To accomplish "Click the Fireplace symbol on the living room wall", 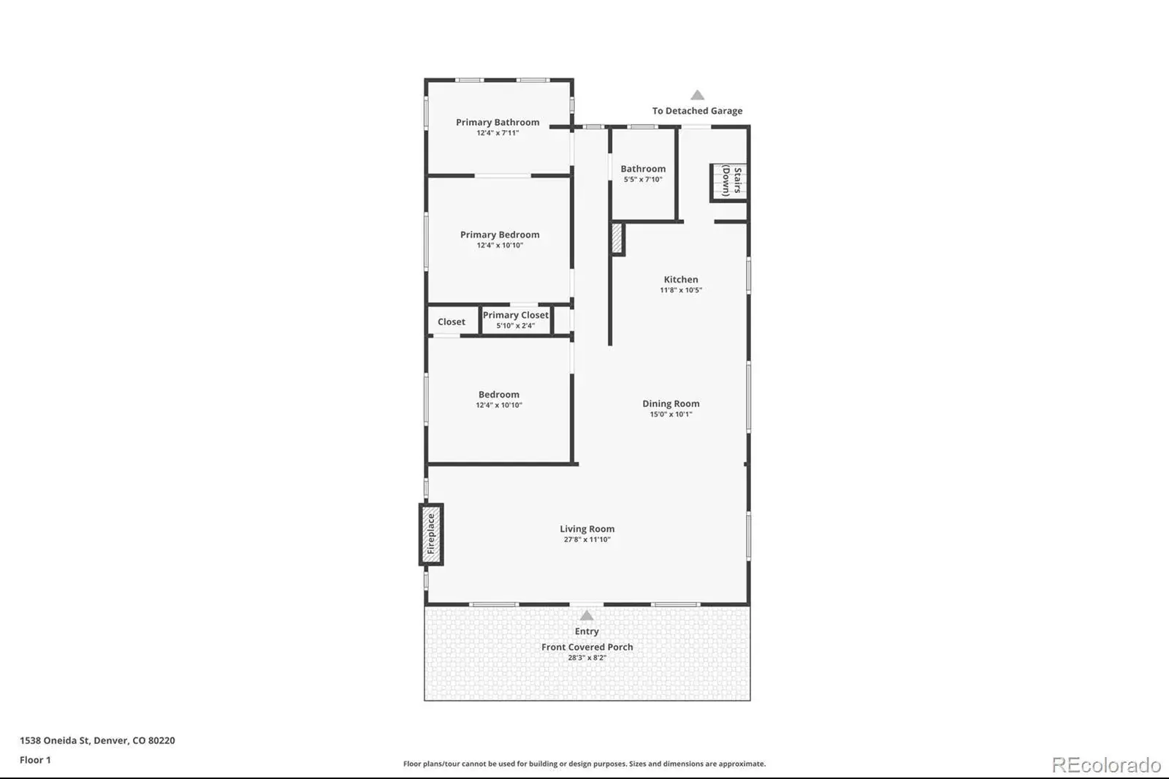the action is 431,534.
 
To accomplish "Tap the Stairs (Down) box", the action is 729,182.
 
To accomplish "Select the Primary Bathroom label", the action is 498,122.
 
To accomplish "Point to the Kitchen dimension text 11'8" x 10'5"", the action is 680,290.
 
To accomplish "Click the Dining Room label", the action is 671,403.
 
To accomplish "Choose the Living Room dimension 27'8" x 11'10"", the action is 587,539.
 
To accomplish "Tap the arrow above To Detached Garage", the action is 697,95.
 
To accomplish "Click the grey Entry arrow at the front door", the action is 587,615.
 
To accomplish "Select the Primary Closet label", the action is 515,315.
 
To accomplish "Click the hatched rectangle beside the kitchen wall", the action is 617,239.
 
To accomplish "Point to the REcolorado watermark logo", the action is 1106,765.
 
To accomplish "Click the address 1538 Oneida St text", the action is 55,740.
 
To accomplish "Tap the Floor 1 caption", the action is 36,760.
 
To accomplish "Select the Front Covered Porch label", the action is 587,647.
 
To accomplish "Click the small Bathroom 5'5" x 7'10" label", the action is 643,173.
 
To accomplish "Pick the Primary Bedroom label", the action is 500,235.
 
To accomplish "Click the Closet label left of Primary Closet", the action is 451,322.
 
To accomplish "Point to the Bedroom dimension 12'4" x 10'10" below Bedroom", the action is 498,405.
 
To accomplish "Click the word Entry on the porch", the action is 587,631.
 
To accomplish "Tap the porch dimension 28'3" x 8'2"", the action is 587,658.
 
